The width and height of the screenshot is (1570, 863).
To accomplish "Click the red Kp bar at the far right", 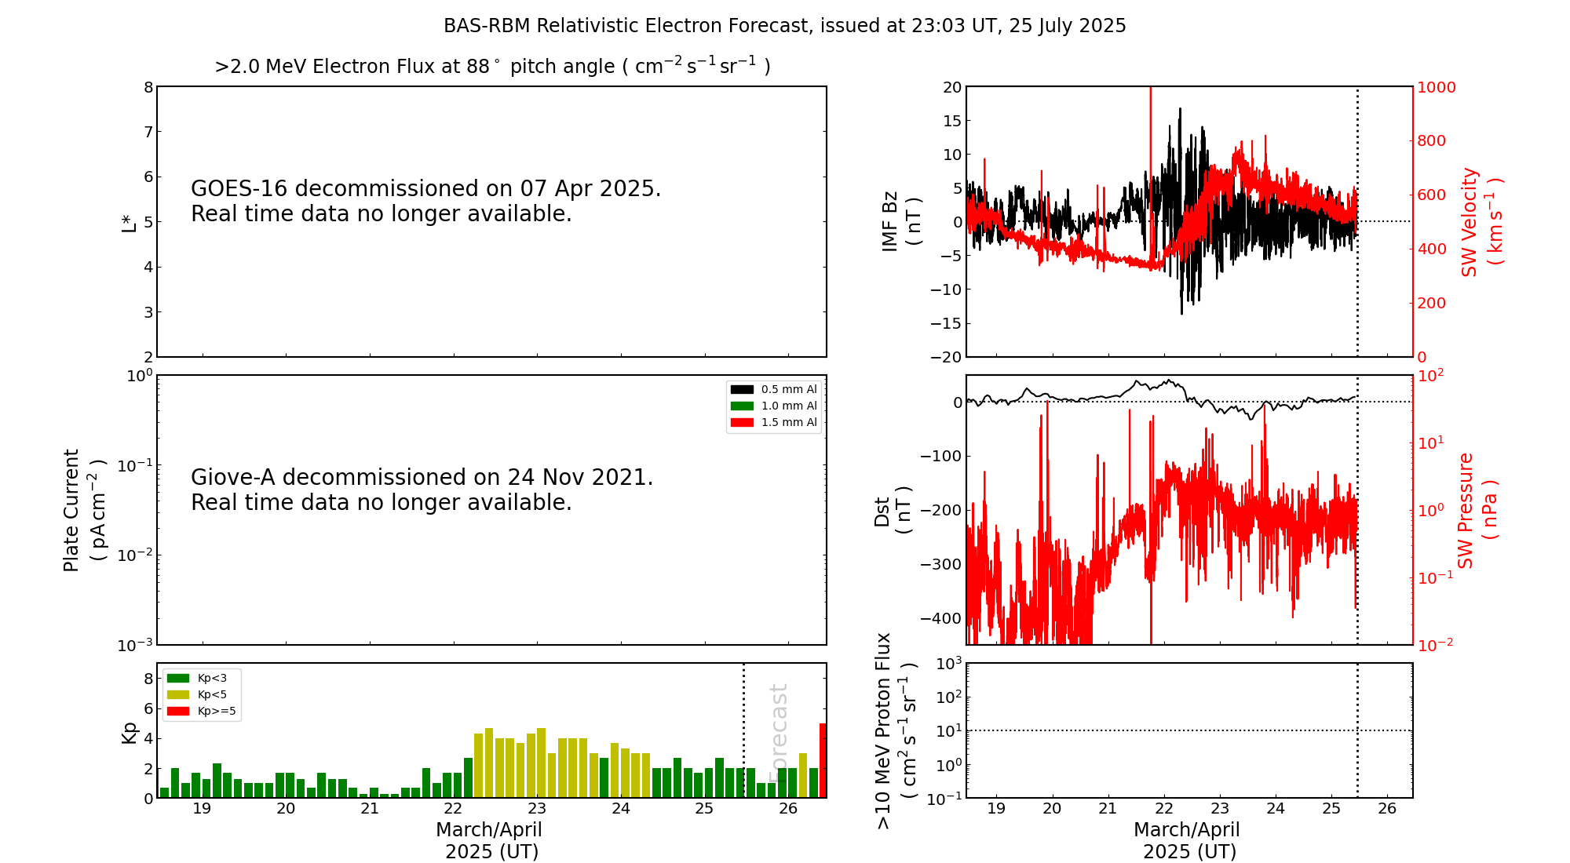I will tap(823, 760).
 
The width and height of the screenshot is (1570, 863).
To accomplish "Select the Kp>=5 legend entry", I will tap(201, 712).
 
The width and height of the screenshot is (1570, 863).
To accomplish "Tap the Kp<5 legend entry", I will tap(201, 694).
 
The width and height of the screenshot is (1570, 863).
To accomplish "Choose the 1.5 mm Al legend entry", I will tap(774, 422).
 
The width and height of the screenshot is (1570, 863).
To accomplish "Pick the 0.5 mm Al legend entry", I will tap(774, 389).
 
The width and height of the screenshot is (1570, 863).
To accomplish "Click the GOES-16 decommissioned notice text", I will tap(425, 201).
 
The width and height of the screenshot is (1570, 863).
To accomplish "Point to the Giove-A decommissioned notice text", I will tap(422, 490).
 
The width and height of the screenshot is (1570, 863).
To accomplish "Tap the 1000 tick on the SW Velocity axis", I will tap(1436, 87).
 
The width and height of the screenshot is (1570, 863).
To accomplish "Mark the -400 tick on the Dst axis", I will tap(941, 618).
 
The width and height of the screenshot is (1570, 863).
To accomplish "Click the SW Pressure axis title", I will tap(1477, 510).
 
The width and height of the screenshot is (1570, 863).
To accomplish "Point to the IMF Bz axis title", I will tap(900, 221).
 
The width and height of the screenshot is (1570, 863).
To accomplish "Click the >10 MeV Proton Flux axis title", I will tap(896, 730).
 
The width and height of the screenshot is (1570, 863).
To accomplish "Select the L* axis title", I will tap(128, 222).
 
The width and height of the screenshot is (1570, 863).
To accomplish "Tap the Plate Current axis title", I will tap(83, 510).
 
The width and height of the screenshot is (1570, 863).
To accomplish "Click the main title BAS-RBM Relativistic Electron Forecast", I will tap(784, 26).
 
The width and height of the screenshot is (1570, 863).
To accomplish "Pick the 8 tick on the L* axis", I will tap(148, 87).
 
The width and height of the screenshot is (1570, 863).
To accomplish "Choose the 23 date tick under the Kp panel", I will tap(537, 809).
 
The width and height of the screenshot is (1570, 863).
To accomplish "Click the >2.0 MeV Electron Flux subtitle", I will tap(492, 66).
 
